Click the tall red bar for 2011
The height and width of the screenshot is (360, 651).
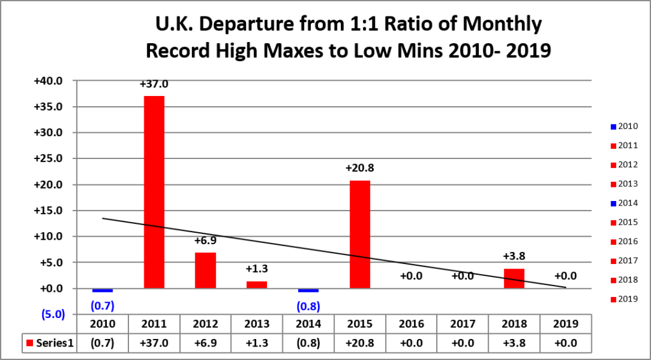(154, 192)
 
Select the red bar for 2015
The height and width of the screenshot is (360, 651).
(360, 234)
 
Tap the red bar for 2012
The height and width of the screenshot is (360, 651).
(205, 270)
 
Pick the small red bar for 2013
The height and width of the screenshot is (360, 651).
(257, 285)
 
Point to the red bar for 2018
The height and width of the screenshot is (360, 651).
(514, 279)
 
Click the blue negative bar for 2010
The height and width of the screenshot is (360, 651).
(102, 290)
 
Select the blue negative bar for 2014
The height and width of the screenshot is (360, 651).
(308, 290)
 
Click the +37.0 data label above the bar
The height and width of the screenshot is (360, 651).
(154, 85)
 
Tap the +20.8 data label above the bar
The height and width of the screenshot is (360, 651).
(360, 169)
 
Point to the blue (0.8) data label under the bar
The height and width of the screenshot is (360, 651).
(308, 307)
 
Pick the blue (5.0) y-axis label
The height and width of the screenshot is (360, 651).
(53, 314)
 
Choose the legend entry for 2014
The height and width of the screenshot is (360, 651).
(624, 204)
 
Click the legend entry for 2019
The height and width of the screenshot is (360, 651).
(624, 299)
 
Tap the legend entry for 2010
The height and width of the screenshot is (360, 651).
(624, 126)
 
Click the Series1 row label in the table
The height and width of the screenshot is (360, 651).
(50, 343)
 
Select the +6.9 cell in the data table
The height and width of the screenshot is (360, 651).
(205, 343)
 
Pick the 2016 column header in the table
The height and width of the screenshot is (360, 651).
(411, 324)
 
